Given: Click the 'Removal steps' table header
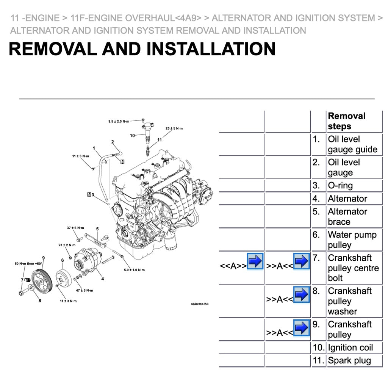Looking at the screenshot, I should tap(346, 121).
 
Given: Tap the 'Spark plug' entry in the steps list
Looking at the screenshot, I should tap(349, 361).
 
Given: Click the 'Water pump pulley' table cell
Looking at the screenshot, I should tap(352, 240).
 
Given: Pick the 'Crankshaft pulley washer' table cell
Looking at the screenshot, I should tap(349, 301).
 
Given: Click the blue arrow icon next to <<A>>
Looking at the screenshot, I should tap(255, 261).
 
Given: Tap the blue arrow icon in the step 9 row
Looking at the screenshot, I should tap(301, 328).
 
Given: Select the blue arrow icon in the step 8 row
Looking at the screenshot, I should tap(301, 294).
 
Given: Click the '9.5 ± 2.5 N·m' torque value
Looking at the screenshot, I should tap(119, 121).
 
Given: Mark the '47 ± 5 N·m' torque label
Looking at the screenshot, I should tap(84, 290).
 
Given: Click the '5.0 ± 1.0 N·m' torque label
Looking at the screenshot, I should tap(134, 270).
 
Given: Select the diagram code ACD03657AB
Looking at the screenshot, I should tap(199, 304).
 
